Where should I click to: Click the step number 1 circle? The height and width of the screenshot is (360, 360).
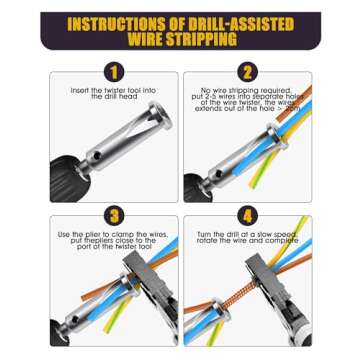point(113,72)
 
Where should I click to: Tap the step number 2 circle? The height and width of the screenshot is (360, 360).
point(247,72)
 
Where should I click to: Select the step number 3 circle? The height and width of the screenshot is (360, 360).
point(113,215)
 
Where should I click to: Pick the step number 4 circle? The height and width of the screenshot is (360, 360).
point(247,215)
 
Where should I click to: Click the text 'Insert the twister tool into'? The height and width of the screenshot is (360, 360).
point(113,90)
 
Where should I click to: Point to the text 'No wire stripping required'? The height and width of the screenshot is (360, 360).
point(247,89)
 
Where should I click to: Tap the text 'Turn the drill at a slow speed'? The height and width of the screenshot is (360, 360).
point(247,233)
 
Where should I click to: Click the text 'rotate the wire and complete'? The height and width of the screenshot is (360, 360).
point(247,240)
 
